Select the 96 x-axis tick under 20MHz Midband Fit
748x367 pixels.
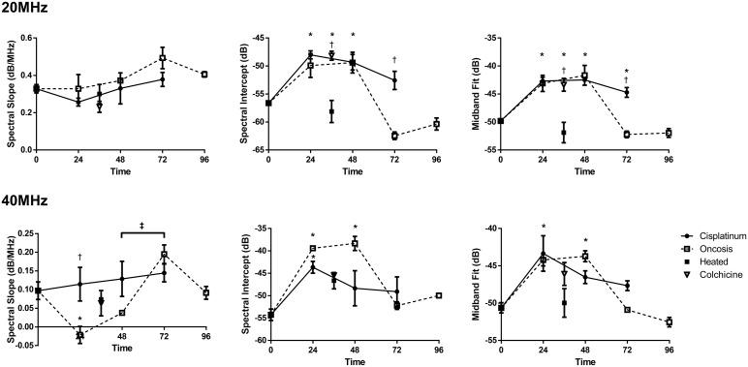669,158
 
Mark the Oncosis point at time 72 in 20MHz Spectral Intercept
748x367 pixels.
394,136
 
